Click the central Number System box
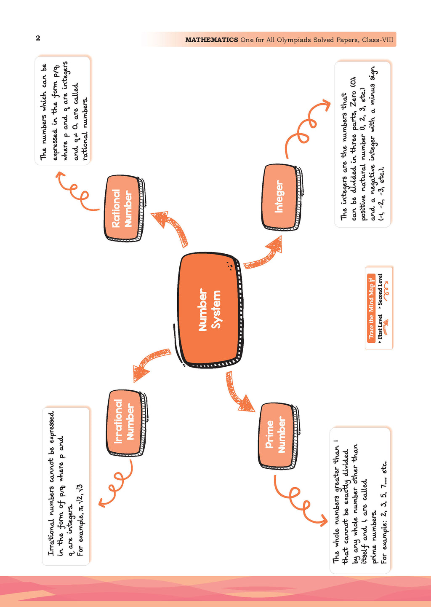coord(209,310)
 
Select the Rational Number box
coord(123,208)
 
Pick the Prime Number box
coord(277,436)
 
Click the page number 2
coord(38,38)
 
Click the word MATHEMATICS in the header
coord(212,40)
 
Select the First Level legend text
coord(380,327)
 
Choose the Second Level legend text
coord(380,290)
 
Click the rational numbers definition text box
coord(63,110)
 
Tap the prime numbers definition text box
coord(360,500)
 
